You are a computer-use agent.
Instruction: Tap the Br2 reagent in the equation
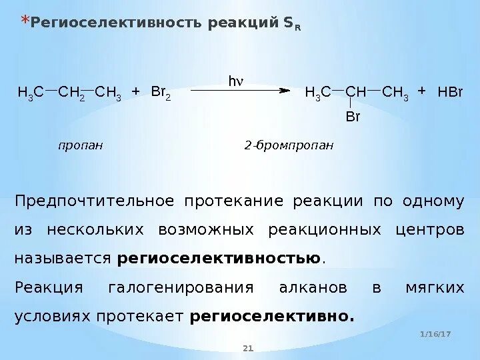point(161,92)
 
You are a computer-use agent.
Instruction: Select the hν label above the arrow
point(236,81)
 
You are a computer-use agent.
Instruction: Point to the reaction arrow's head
point(285,89)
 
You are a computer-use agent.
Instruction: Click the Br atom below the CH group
point(353,117)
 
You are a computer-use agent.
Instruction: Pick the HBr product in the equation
point(450,92)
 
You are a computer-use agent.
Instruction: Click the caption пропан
point(81,145)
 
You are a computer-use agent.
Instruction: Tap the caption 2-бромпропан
point(288,145)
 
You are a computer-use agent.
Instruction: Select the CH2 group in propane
point(71,93)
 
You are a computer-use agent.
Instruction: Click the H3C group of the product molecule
point(317,93)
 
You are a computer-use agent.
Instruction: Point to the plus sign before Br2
point(135,91)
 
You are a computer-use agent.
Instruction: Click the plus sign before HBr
point(421,91)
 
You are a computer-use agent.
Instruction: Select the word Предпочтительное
point(95,202)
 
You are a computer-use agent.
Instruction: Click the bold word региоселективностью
point(219,259)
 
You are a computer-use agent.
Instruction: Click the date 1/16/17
point(436,333)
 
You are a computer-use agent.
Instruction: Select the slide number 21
point(249,348)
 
